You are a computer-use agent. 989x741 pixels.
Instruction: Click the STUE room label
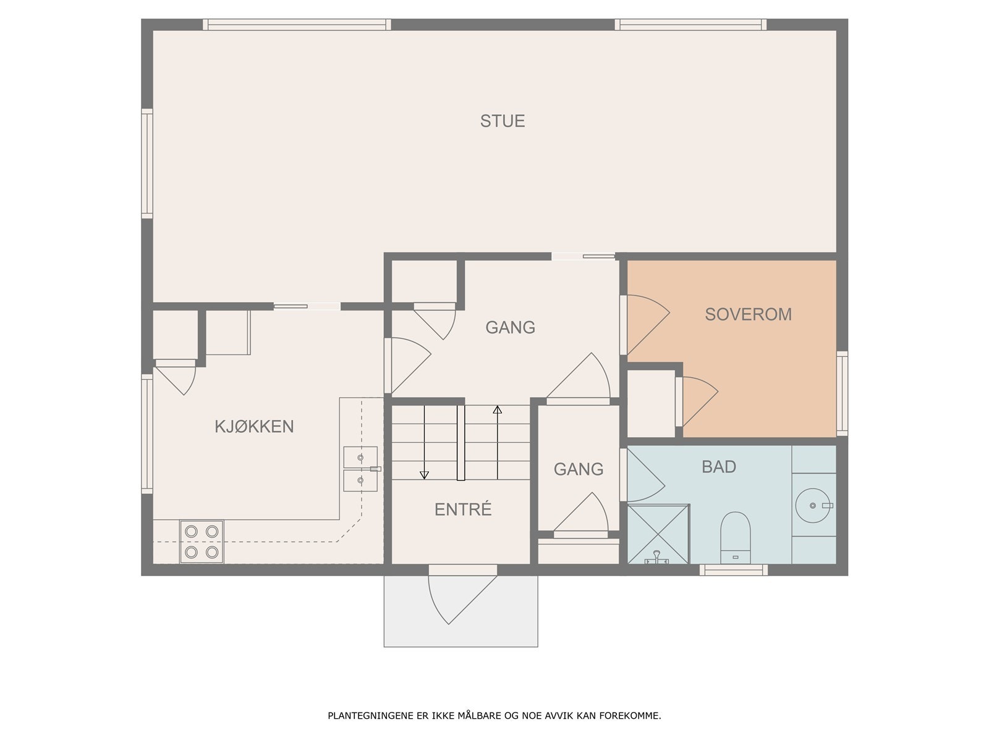click(503, 121)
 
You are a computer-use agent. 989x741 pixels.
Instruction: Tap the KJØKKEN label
click(254, 427)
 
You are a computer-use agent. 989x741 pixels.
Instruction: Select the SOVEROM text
click(749, 314)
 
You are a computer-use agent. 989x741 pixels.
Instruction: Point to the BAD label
click(719, 467)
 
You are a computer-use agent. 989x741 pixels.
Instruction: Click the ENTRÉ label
click(463, 509)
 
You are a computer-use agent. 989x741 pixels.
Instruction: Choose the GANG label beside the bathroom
click(579, 469)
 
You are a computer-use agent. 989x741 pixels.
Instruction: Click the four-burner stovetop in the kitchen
click(202, 542)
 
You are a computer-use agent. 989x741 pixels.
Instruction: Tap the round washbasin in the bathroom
click(813, 506)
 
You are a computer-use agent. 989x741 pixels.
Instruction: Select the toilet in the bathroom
click(736, 537)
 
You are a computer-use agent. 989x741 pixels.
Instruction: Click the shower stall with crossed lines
click(658, 535)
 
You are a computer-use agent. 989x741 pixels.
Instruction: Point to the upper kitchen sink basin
click(360, 457)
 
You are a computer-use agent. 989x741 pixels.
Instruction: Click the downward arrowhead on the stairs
click(424, 475)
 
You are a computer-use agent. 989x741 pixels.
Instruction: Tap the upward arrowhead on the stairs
click(498, 410)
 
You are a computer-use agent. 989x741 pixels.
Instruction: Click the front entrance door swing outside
click(462, 600)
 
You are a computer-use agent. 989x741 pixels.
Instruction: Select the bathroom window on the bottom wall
click(734, 571)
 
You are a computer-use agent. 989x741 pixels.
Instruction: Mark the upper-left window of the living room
click(297, 24)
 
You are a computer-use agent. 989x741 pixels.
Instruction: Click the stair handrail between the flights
click(461, 443)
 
